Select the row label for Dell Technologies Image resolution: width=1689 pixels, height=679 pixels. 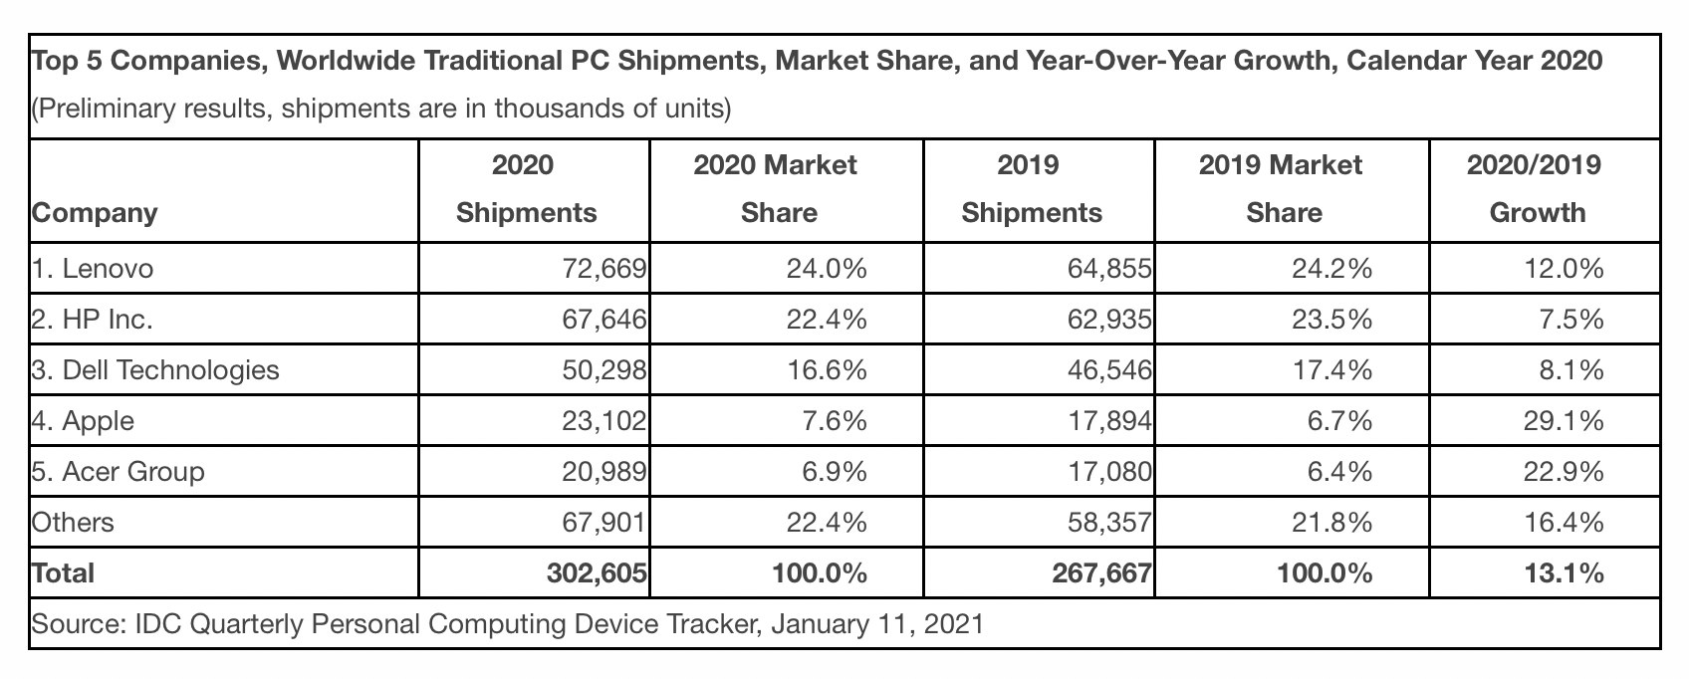[x=155, y=370]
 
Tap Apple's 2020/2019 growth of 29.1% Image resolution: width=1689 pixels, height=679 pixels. [x=1564, y=421]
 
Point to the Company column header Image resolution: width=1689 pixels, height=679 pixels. [x=95, y=213]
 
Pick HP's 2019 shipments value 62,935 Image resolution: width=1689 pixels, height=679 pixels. [x=1106, y=319]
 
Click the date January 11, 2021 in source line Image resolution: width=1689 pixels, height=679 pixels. [x=876, y=625]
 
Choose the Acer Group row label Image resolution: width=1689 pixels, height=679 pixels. [x=119, y=472]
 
